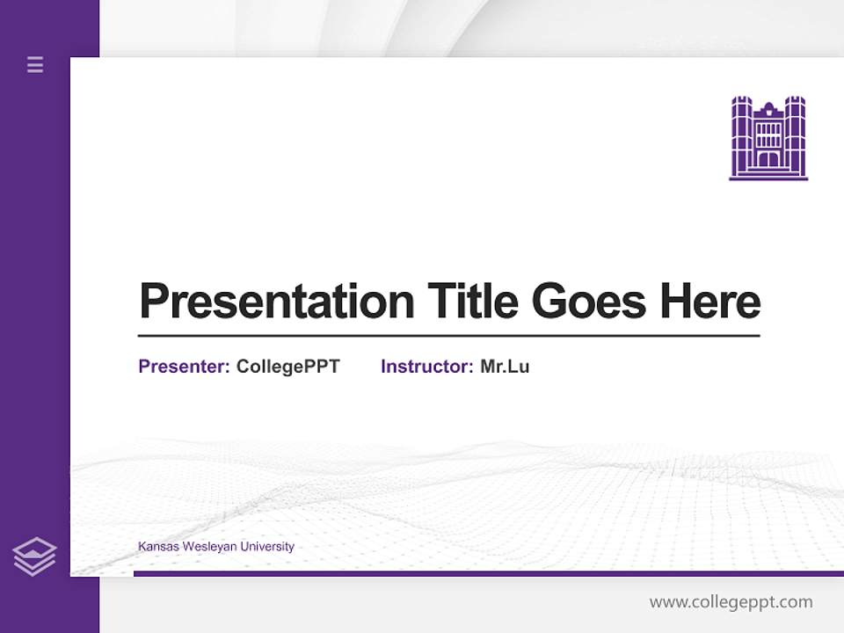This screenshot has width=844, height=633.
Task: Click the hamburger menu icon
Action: click(x=35, y=64)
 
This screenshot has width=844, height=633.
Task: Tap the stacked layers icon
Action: click(x=34, y=557)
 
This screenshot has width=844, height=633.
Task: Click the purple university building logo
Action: click(x=768, y=138)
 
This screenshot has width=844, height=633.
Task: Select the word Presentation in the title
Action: click(x=277, y=302)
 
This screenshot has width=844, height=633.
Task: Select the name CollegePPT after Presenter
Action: click(x=287, y=367)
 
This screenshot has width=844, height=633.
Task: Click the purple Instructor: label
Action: click(x=427, y=367)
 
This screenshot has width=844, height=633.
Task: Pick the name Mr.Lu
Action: click(x=505, y=367)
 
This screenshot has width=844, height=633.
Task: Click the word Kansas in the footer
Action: click(x=156, y=547)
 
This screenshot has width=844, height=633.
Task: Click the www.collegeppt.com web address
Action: click(x=731, y=602)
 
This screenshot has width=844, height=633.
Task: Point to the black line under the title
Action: click(x=448, y=336)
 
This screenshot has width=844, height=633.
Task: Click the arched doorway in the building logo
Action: click(x=768, y=159)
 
